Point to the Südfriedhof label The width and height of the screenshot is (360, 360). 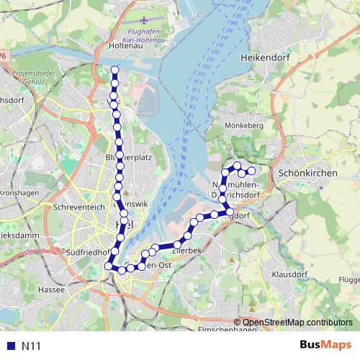86,253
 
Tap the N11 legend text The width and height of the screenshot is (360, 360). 30,346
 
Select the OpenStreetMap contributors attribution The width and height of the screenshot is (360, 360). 297,323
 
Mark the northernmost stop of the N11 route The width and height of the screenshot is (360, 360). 115,70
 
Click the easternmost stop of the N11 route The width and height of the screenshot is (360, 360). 251,171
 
